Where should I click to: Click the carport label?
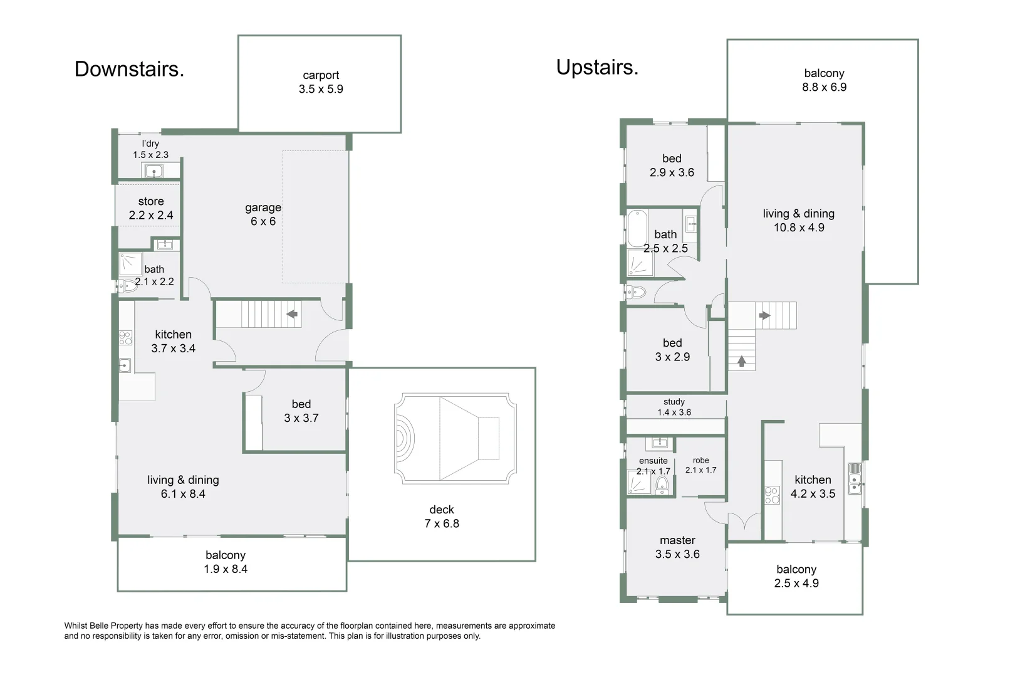pyautogui.click(x=321, y=82)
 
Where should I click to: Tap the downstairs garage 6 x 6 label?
pyautogui.click(x=263, y=214)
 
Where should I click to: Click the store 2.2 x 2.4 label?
pyautogui.click(x=151, y=208)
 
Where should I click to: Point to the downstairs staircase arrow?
pyautogui.click(x=292, y=313)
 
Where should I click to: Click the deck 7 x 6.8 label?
pyautogui.click(x=442, y=517)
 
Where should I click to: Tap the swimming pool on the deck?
pyautogui.click(x=455, y=438)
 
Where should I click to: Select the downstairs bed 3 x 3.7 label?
pyautogui.click(x=301, y=411)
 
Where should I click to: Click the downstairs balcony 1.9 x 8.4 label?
pyautogui.click(x=226, y=562)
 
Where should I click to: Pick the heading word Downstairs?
pyautogui.click(x=129, y=69)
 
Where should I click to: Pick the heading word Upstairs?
pyautogui.click(x=597, y=67)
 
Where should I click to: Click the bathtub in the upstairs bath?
pyautogui.click(x=637, y=228)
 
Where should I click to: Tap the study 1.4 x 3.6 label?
pyautogui.click(x=674, y=407)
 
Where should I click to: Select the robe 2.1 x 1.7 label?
pyautogui.click(x=700, y=465)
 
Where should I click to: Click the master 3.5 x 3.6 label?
pyautogui.click(x=677, y=547)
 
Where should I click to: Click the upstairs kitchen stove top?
pyautogui.click(x=772, y=495)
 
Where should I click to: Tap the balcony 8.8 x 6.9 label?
pyautogui.click(x=824, y=80)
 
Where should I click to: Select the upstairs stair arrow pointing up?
pyautogui.click(x=742, y=361)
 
